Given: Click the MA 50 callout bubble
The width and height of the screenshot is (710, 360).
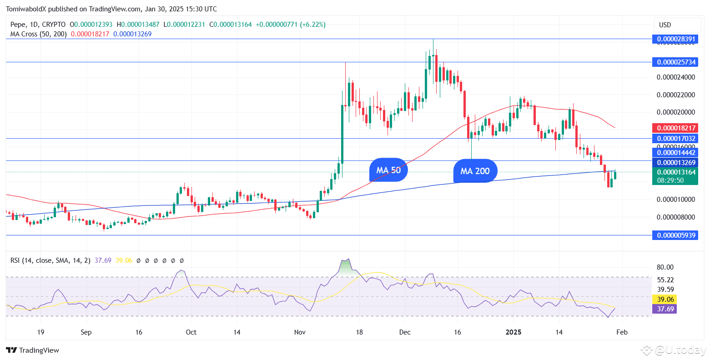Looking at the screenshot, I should pyautogui.click(x=388, y=170).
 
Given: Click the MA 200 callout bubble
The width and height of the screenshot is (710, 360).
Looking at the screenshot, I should pyautogui.click(x=475, y=171).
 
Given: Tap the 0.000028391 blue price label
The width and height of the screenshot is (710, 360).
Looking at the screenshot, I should pyautogui.click(x=675, y=39).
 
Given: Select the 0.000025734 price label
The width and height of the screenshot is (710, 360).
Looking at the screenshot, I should pyautogui.click(x=675, y=62).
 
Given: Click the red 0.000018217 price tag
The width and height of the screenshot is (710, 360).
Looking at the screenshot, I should pyautogui.click(x=675, y=128).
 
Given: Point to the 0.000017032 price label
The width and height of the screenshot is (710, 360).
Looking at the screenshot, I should pyautogui.click(x=675, y=138).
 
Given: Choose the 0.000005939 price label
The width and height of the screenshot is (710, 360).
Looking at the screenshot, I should pyautogui.click(x=675, y=235).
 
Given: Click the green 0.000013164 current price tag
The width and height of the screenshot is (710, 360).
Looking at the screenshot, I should pyautogui.click(x=675, y=172).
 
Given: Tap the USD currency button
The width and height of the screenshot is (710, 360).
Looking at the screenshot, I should pyautogui.click(x=677, y=25).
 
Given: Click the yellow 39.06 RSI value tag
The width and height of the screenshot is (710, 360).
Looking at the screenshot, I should pyautogui.click(x=664, y=300).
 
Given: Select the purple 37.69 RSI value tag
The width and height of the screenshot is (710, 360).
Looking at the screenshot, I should pyautogui.click(x=664, y=309).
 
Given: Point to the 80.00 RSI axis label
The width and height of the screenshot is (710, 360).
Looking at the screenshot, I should pyautogui.click(x=665, y=267).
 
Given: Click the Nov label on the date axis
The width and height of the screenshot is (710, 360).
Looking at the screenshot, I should pyautogui.click(x=300, y=332).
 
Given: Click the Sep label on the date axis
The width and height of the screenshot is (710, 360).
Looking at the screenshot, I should pyautogui.click(x=86, y=332).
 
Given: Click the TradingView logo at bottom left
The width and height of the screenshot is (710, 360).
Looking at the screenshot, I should pyautogui.click(x=33, y=350).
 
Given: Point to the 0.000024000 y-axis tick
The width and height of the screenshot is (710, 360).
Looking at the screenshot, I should pyautogui.click(x=676, y=77).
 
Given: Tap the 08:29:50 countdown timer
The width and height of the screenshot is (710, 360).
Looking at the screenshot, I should pyautogui.click(x=670, y=180).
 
